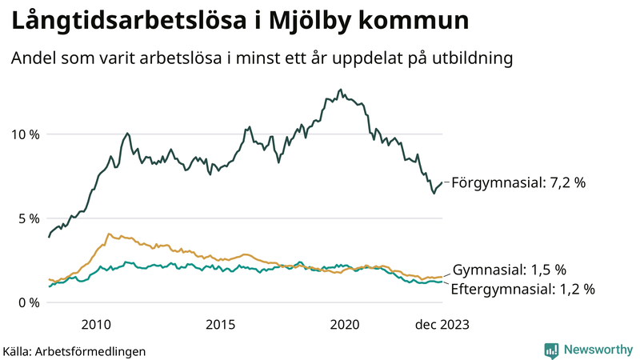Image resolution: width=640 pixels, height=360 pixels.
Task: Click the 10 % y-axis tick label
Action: tap(24, 134)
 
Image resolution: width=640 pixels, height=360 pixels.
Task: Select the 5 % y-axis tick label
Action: tap(28, 218)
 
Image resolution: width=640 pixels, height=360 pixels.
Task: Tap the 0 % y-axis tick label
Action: tap(28, 302)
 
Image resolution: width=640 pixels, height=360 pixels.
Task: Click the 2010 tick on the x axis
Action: tap(95, 324)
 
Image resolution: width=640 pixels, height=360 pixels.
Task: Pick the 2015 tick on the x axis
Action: tap(220, 324)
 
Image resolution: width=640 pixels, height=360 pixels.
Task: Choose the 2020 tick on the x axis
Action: tap(345, 324)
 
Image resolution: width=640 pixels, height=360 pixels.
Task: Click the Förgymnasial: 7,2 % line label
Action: tap(518, 183)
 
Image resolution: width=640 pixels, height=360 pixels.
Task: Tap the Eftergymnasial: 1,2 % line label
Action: tap(523, 290)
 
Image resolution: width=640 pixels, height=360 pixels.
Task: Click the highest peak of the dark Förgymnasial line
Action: tap(341, 90)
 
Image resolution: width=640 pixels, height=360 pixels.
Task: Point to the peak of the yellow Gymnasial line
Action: tap(109, 234)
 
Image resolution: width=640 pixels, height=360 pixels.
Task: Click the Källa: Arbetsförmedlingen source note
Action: tap(74, 351)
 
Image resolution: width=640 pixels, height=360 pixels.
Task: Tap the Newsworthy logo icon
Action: tap(551, 350)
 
